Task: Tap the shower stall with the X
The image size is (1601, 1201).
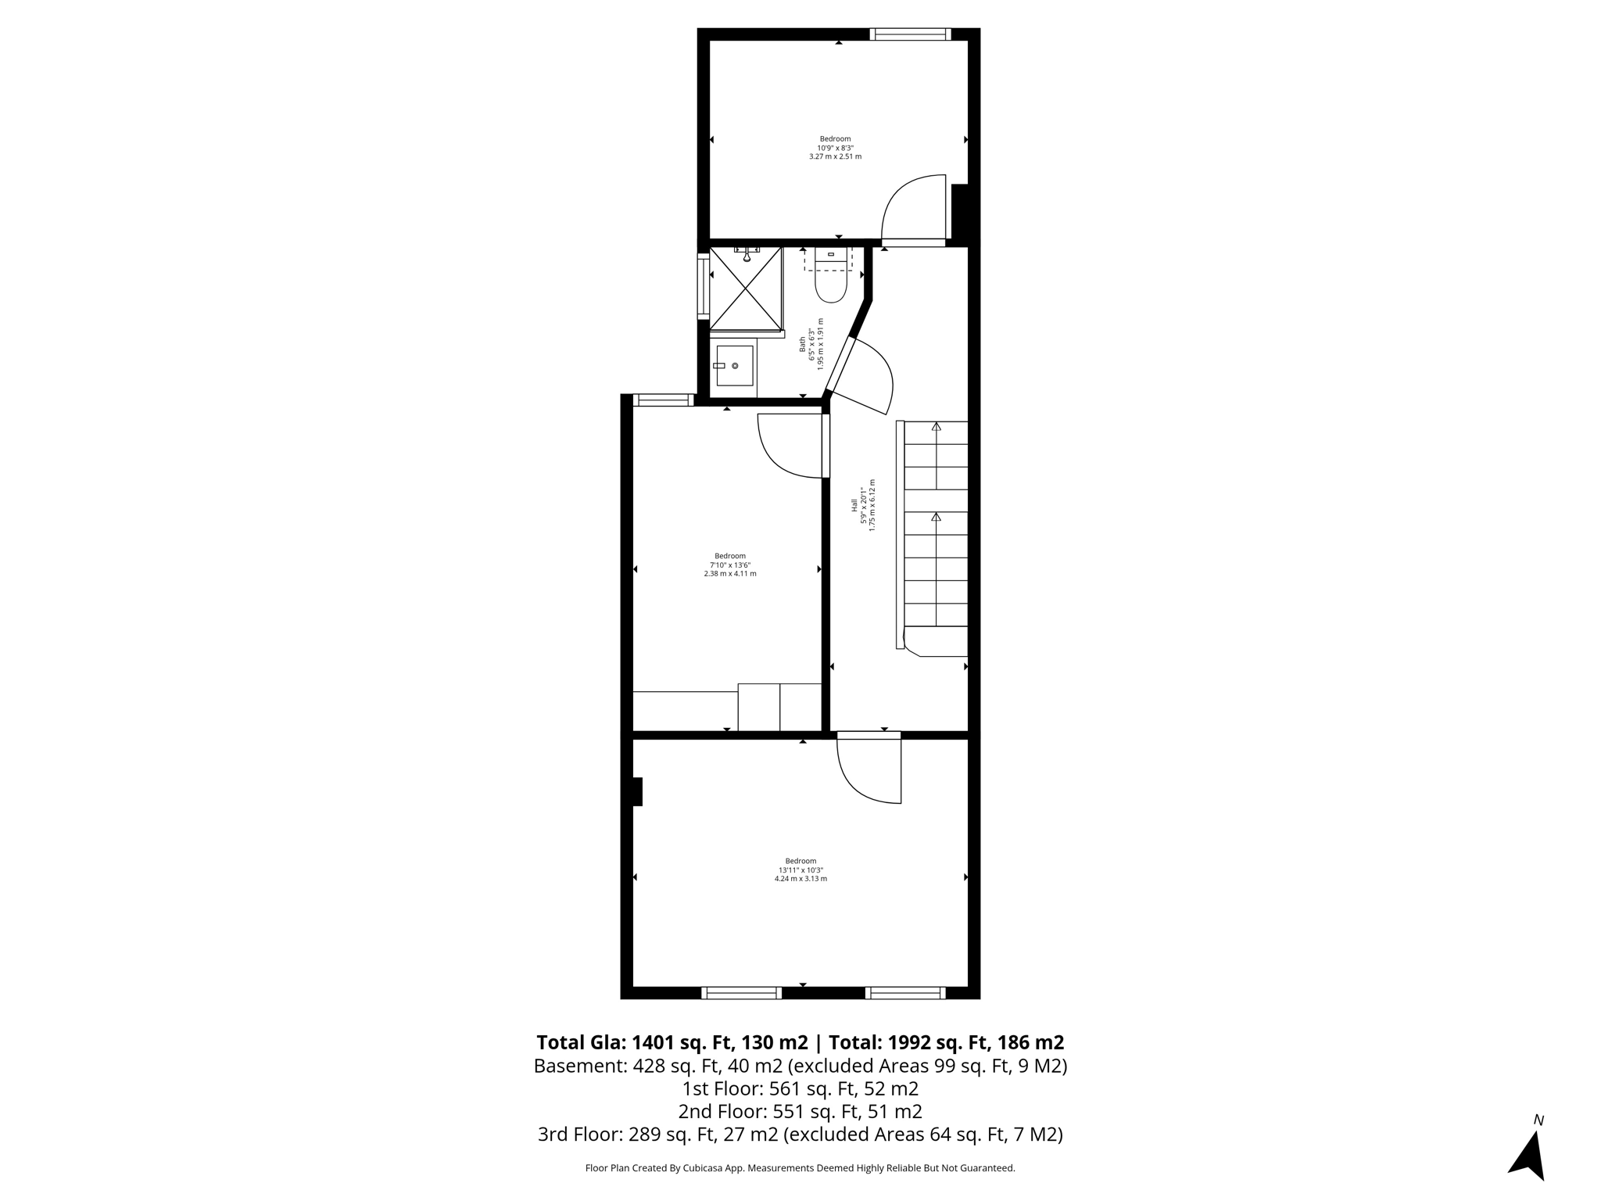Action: click(x=746, y=288)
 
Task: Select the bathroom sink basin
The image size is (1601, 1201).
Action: click(x=733, y=366)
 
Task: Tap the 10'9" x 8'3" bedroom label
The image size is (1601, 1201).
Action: click(x=835, y=148)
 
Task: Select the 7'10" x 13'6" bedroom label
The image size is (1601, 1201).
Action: click(x=729, y=565)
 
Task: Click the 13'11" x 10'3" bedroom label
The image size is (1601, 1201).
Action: click(x=800, y=869)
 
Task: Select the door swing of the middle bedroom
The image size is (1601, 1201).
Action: click(x=790, y=446)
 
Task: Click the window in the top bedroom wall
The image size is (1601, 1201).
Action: click(x=910, y=34)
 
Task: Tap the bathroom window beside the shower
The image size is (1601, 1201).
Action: click(x=703, y=287)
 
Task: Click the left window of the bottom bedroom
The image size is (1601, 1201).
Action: click(x=741, y=993)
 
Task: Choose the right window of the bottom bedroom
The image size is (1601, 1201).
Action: click(x=905, y=993)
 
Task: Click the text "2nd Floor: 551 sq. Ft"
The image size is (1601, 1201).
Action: click(x=800, y=1111)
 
